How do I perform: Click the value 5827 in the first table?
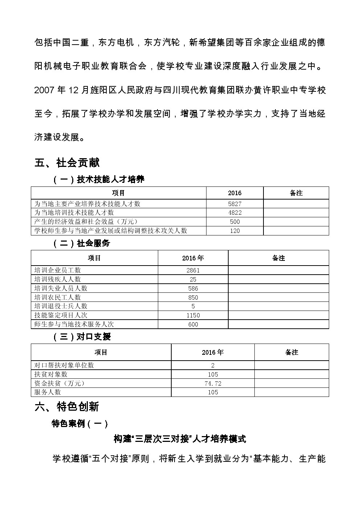pyautogui.click(x=235, y=204)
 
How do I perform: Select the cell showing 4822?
pyautogui.click(x=235, y=213)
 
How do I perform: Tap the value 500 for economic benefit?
pyautogui.click(x=235, y=222)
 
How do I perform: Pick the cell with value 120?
pyautogui.click(x=235, y=231)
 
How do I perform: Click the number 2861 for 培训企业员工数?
pyautogui.click(x=193, y=270)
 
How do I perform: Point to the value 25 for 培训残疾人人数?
pyautogui.click(x=193, y=279)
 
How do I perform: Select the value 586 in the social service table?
pyautogui.click(x=193, y=288)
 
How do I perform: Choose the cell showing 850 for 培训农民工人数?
pyautogui.click(x=193, y=297)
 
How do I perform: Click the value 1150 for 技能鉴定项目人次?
pyautogui.click(x=193, y=315)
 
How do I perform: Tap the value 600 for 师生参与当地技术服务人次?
pyautogui.click(x=193, y=324)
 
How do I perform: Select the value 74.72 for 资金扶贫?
pyautogui.click(x=213, y=383)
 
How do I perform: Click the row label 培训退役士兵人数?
pyautogui.click(x=61, y=306)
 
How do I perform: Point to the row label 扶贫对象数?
pyautogui.click(x=50, y=374)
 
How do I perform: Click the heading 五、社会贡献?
pyautogui.click(x=67, y=163)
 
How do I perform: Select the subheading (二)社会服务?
pyautogui.click(x=82, y=243)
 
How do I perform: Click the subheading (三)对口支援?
pyautogui.click(x=82, y=337)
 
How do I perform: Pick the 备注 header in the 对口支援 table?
pyautogui.click(x=291, y=352)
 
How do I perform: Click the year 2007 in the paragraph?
pyautogui.click(x=44, y=90)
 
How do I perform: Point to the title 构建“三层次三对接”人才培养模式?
pyautogui.click(x=180, y=439)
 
